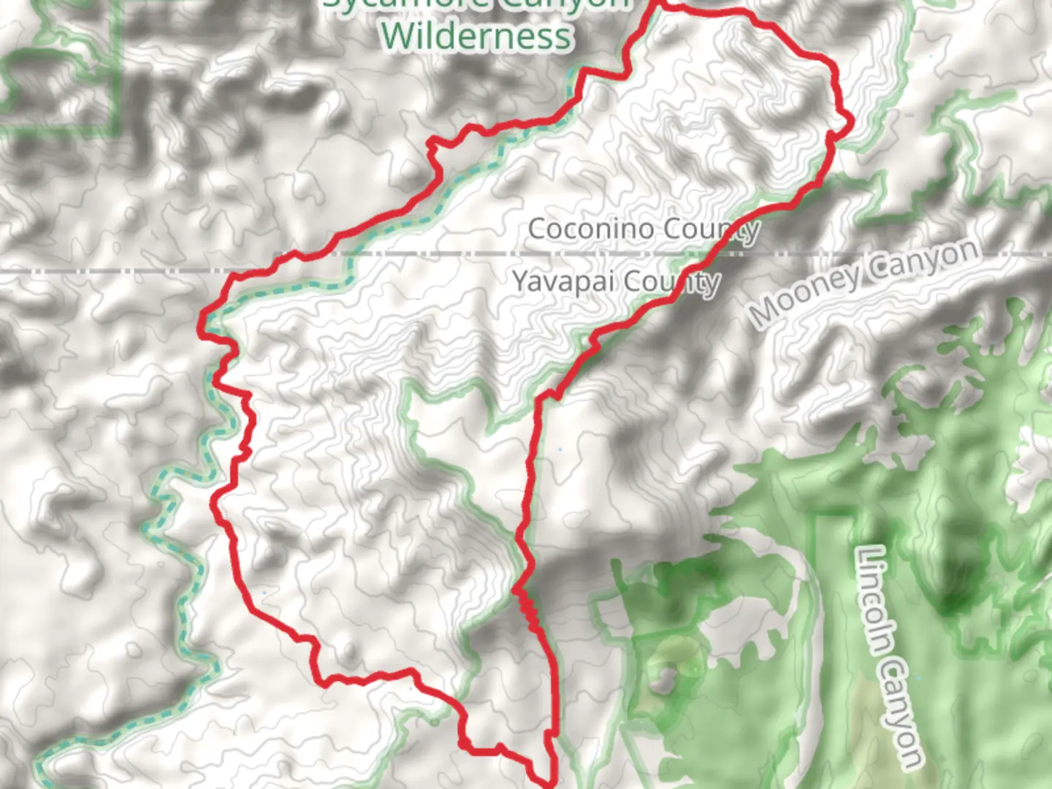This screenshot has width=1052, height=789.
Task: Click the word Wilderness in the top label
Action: point(476,36)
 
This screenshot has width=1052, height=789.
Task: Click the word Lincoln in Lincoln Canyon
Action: point(877,599)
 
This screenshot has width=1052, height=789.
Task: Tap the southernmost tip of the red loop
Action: point(549,784)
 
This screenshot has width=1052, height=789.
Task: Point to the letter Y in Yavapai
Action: point(520,281)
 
